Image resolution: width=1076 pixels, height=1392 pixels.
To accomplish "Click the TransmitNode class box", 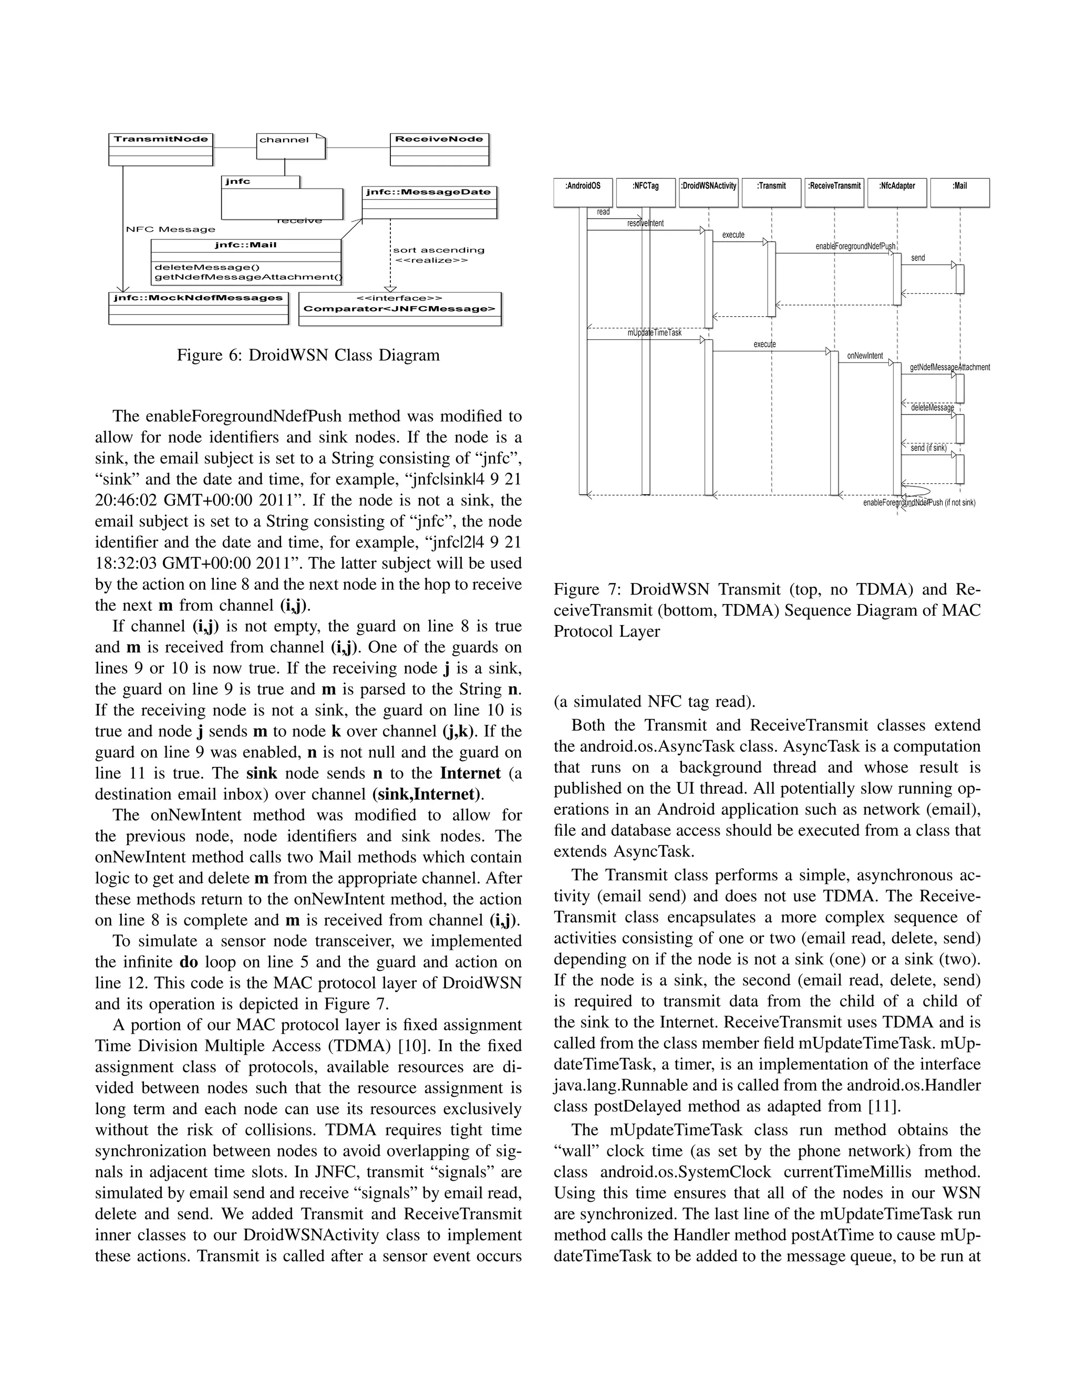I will tap(161, 149).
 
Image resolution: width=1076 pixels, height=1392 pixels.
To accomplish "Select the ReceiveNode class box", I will tap(439, 149).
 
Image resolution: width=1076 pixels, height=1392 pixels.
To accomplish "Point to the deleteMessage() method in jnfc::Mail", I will tap(198, 267).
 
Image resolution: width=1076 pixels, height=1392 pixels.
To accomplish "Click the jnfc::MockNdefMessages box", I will tap(198, 307).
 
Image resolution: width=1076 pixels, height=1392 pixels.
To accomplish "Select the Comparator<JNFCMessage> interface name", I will tap(399, 309).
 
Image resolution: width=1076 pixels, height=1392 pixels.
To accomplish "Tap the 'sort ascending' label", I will tap(439, 250).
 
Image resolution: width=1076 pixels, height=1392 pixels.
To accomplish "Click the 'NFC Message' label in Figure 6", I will tap(171, 230).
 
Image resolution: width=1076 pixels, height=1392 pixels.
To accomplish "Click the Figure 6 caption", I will tap(308, 355).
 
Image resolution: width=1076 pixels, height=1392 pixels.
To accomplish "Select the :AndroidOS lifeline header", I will tap(583, 192).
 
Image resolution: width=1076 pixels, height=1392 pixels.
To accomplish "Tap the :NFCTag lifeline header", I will tap(645, 192).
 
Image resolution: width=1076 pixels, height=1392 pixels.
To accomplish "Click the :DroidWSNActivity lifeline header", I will tap(708, 192).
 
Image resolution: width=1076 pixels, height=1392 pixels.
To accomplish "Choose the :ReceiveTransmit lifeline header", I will tap(834, 192).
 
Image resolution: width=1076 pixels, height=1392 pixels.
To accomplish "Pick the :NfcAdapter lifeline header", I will tap(896, 192).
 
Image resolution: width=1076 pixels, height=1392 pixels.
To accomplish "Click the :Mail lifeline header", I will tap(959, 192).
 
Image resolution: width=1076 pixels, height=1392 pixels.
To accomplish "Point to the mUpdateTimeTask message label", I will tap(654, 333).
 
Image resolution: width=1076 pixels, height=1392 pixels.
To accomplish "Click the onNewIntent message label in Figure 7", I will tap(865, 356).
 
